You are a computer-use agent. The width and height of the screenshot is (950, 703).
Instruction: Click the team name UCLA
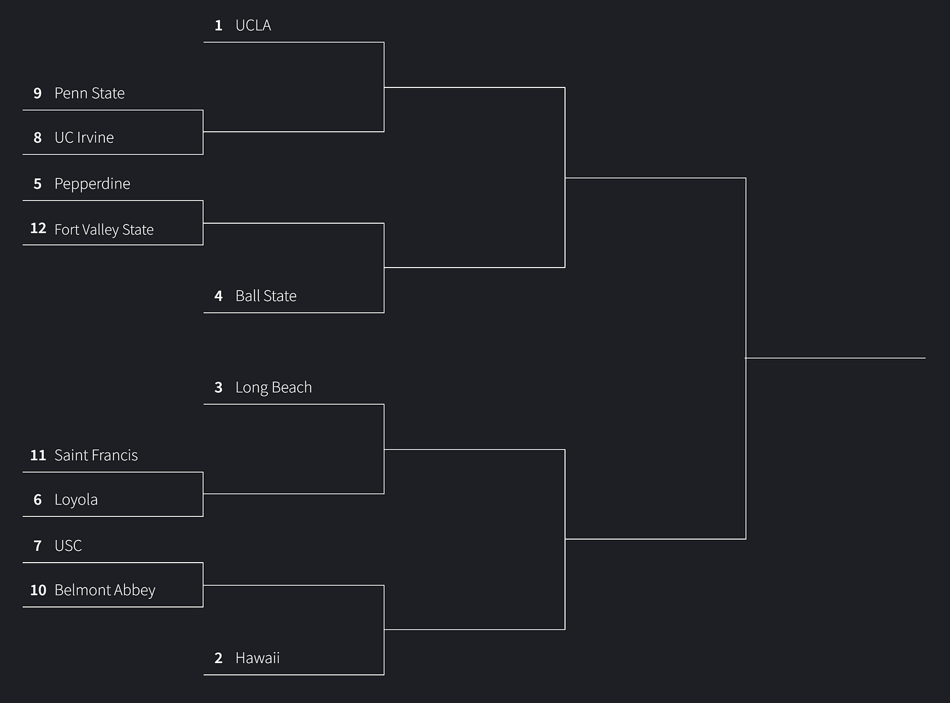pyautogui.click(x=253, y=25)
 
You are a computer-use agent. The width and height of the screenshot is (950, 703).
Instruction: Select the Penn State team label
pyautogui.click(x=89, y=93)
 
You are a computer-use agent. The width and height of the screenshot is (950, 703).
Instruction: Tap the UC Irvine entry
pyautogui.click(x=84, y=138)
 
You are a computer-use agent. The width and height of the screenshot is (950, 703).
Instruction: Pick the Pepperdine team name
pyautogui.click(x=92, y=184)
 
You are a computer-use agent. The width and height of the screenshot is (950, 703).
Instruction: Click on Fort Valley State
pyautogui.click(x=104, y=230)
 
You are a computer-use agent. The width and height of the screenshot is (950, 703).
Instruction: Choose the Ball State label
pyautogui.click(x=266, y=296)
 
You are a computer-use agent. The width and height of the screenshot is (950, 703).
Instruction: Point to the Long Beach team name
pyautogui.click(x=273, y=388)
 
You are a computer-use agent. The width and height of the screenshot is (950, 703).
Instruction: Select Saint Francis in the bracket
pyautogui.click(x=96, y=456)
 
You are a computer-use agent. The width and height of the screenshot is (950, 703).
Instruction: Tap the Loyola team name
pyautogui.click(x=76, y=500)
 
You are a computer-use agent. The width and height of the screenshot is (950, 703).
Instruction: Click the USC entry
pyautogui.click(x=68, y=546)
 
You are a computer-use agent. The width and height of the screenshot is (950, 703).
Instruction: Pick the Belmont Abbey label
pyautogui.click(x=104, y=590)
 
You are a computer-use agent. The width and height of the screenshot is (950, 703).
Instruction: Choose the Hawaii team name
pyautogui.click(x=257, y=658)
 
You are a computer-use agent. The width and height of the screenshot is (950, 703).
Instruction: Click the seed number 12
pyautogui.click(x=38, y=228)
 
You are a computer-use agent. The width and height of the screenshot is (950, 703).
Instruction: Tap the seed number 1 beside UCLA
pyautogui.click(x=219, y=25)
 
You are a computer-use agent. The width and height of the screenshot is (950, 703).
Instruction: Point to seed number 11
pyautogui.click(x=38, y=456)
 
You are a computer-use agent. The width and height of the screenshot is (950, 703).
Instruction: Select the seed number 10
pyautogui.click(x=38, y=590)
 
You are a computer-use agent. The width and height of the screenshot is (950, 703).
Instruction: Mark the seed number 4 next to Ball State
pyautogui.click(x=219, y=296)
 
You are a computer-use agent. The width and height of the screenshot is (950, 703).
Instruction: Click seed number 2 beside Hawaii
pyautogui.click(x=219, y=658)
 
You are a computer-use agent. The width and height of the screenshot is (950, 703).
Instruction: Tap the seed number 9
pyautogui.click(x=38, y=93)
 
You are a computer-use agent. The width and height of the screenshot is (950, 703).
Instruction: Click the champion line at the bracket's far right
pyautogui.click(x=835, y=358)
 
